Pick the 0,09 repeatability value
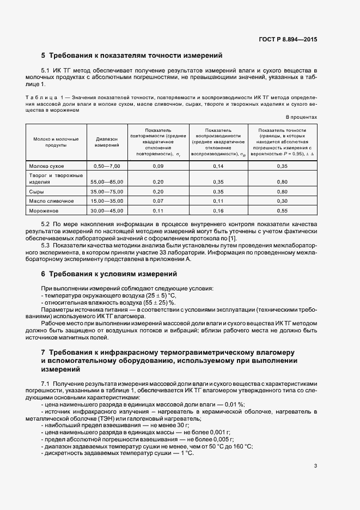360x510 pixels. (158, 165)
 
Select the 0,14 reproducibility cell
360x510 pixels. (218, 165)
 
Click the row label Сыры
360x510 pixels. (36, 192)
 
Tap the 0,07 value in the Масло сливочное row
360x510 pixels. (158, 201)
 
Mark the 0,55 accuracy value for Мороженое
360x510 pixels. (282, 210)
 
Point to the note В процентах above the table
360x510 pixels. (301, 117)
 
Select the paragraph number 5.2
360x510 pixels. (46, 224)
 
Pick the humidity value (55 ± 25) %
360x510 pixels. (158, 302)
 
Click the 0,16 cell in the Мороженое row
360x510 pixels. (218, 210)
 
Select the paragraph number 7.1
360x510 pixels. (46, 384)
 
